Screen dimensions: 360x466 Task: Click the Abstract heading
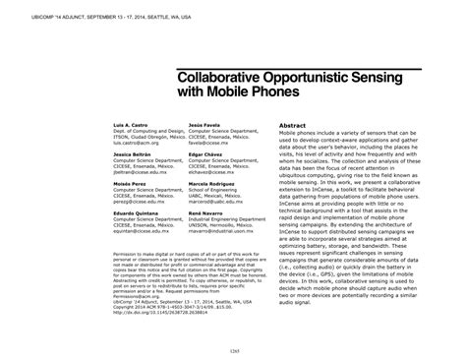tap(298, 126)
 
